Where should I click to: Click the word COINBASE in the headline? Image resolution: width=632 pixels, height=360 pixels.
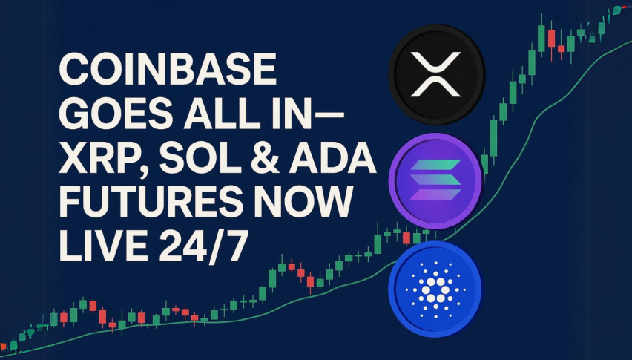point(168,69)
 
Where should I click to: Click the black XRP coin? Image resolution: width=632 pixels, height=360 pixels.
point(436,74)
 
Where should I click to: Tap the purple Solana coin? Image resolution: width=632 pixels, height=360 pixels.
point(435,181)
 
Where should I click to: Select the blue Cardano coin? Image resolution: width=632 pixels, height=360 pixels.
point(435,289)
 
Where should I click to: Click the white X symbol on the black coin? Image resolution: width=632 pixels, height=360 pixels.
point(435,74)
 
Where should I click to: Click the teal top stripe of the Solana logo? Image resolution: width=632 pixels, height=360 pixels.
point(435,165)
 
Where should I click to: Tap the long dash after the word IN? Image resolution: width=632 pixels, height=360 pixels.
point(328,115)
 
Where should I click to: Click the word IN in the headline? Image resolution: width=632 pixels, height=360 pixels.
point(288,114)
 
